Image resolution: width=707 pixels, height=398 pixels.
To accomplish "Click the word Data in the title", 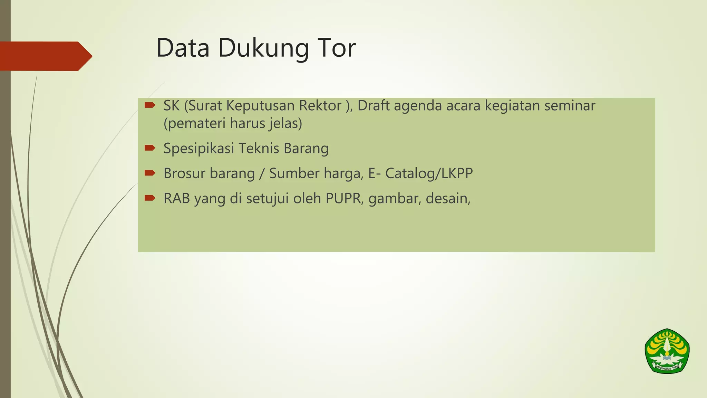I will coord(183,48).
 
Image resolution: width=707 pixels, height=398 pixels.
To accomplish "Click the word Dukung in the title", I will coord(263,49).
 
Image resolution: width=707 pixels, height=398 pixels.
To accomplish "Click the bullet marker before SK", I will coord(150,105).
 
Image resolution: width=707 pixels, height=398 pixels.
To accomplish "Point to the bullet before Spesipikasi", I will coord(150,148).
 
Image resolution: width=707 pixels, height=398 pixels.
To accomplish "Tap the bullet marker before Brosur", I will coord(150,173).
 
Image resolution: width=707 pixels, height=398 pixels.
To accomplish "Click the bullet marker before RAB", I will coord(150,198).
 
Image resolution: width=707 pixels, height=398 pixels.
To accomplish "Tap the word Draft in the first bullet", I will coord(373,106).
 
